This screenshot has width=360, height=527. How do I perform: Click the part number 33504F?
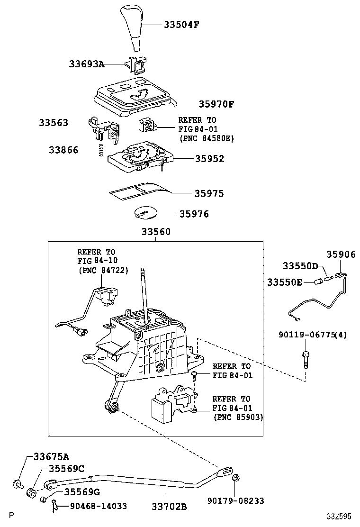pyautogui.click(x=181, y=25)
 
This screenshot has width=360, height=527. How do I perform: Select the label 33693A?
pyautogui.click(x=87, y=64)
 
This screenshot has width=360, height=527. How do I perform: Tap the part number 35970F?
pyautogui.click(x=216, y=104)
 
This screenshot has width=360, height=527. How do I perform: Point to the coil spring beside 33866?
pyautogui.click(x=100, y=150)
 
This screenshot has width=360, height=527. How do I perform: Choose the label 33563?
pyautogui.click(x=54, y=123)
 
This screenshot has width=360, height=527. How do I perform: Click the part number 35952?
pyautogui.click(x=209, y=159)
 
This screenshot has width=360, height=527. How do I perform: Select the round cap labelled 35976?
pyautogui.click(x=146, y=212)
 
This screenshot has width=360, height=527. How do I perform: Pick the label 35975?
pyautogui.click(x=209, y=193)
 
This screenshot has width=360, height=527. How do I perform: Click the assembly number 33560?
pyautogui.click(x=156, y=232)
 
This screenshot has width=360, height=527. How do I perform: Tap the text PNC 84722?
pyautogui.click(x=103, y=270)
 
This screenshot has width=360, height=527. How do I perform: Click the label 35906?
pyautogui.click(x=341, y=254)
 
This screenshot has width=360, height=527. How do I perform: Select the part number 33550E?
pyautogui.click(x=285, y=282)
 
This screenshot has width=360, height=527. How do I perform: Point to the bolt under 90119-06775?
pyautogui.click(x=306, y=360)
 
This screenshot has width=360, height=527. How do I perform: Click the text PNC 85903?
pyautogui.click(x=238, y=417)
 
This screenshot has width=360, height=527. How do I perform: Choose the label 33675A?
pyautogui.click(x=51, y=456)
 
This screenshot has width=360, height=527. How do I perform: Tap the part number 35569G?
pyautogui.click(x=82, y=492)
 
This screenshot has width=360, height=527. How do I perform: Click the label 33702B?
pyautogui.click(x=169, y=506)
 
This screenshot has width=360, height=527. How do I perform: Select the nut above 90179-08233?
pyautogui.click(x=235, y=477)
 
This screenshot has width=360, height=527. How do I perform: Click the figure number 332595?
pyautogui.click(x=340, y=516)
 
